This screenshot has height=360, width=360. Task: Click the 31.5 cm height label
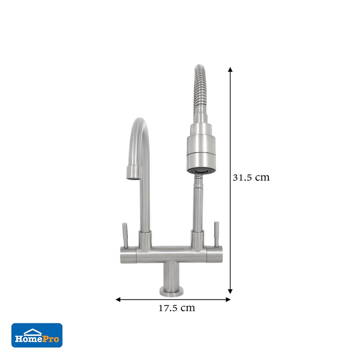(251, 177)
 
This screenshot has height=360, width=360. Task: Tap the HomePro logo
(37, 335)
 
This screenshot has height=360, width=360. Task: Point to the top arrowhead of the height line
(230, 69)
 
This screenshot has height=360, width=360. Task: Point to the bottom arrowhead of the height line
(230, 292)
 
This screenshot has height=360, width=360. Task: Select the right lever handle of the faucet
(217, 234)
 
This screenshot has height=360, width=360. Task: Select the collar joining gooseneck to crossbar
(145, 240)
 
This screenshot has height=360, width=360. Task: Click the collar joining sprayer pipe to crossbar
(197, 240)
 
